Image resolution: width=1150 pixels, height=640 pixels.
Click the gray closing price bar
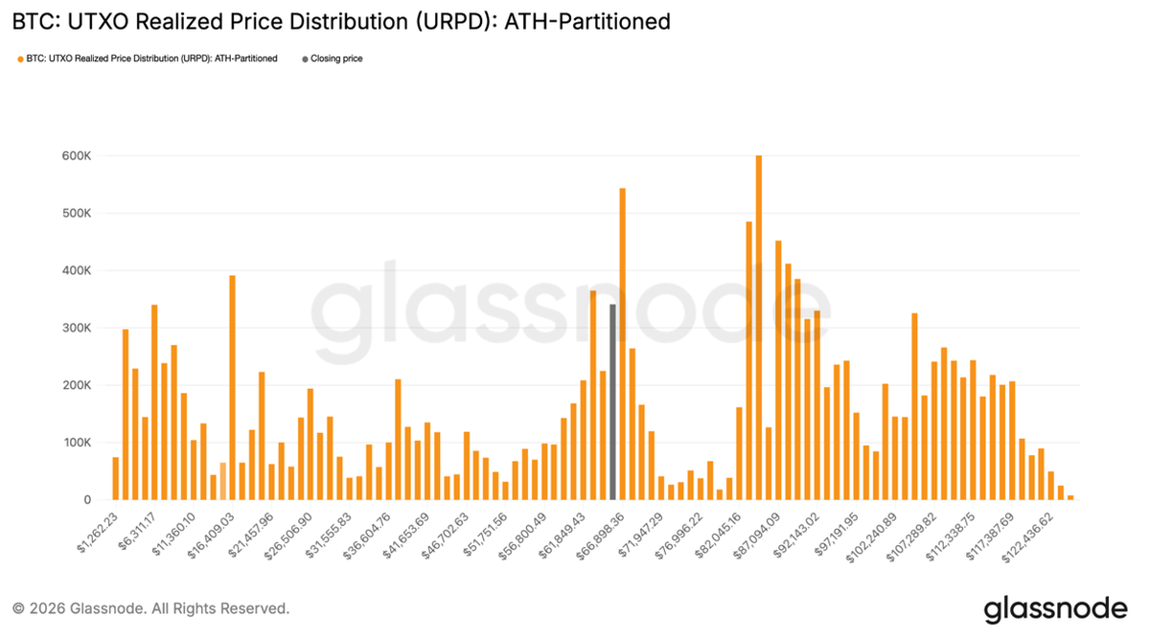(612, 402)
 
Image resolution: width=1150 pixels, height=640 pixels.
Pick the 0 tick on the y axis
(86, 500)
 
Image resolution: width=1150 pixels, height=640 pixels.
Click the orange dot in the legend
(20, 58)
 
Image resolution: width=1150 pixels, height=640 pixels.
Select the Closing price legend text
(336, 58)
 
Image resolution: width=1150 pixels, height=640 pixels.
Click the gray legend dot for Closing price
(306, 58)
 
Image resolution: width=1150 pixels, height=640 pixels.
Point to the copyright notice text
(150, 608)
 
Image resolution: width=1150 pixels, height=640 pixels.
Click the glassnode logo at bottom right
(1055, 608)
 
